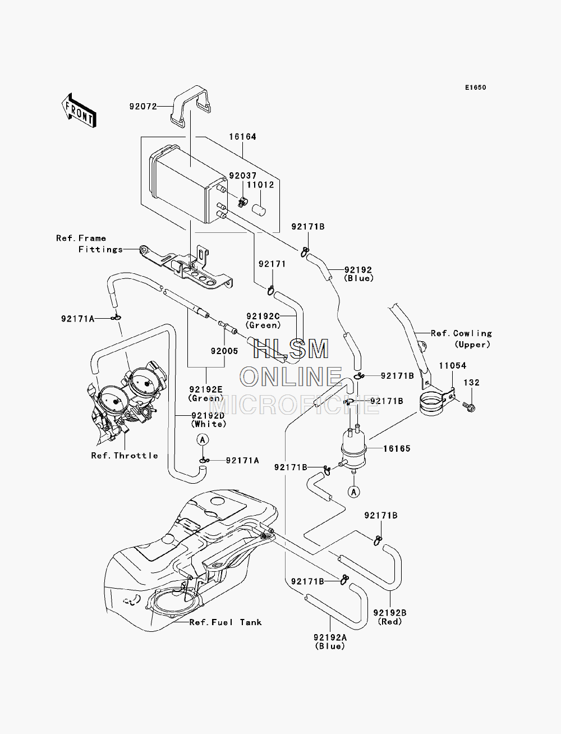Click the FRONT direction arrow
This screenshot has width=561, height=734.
pyautogui.click(x=79, y=111)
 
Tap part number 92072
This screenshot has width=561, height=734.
pyautogui.click(x=143, y=107)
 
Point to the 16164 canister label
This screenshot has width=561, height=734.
pyautogui.click(x=242, y=137)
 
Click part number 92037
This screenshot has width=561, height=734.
pyautogui.click(x=243, y=176)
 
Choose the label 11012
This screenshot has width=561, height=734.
pyautogui.click(x=260, y=185)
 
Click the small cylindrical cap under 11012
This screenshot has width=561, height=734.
pyautogui.click(x=259, y=211)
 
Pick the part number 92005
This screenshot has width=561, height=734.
pyautogui.click(x=224, y=351)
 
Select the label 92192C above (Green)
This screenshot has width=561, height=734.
pyautogui.click(x=263, y=316)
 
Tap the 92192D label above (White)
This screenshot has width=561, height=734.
pyautogui.click(x=208, y=415)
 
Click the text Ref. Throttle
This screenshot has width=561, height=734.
pyautogui.click(x=125, y=456)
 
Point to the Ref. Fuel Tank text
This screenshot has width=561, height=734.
pyautogui.click(x=226, y=622)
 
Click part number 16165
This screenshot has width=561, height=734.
pyautogui.click(x=397, y=448)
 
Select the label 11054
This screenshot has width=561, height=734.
pyautogui.click(x=453, y=365)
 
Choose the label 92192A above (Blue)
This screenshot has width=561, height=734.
pyautogui.click(x=330, y=637)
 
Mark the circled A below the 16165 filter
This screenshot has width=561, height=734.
pyautogui.click(x=354, y=492)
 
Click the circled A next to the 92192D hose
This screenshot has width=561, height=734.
pyautogui.click(x=203, y=439)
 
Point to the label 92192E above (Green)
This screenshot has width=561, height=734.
pyautogui.click(x=206, y=389)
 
